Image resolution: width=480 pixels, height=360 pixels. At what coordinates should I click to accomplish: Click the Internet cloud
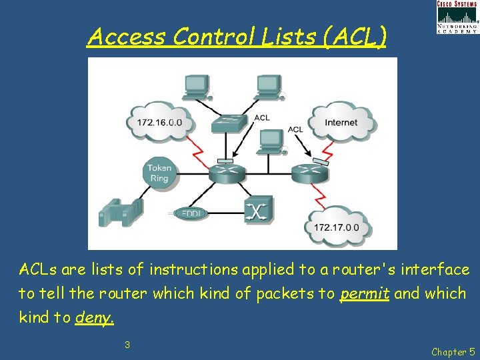coord(341,122)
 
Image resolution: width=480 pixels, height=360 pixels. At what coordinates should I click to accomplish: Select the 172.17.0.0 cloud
coord(336,227)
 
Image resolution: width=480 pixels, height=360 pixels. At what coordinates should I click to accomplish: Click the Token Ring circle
coord(159,173)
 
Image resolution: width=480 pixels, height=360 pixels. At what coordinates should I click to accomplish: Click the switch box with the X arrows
coord(257,211)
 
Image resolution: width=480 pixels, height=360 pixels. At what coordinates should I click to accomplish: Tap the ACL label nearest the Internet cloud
coord(295,129)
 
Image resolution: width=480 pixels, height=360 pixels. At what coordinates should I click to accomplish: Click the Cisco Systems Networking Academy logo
coord(457,17)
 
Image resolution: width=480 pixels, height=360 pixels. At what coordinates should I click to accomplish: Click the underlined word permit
coord(364,293)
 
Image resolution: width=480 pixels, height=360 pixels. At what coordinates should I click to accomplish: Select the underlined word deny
coord(95,317)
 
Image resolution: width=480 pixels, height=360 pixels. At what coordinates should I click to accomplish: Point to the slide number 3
coord(127,345)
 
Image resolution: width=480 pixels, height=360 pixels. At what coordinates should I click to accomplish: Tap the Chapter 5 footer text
coord(453,351)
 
